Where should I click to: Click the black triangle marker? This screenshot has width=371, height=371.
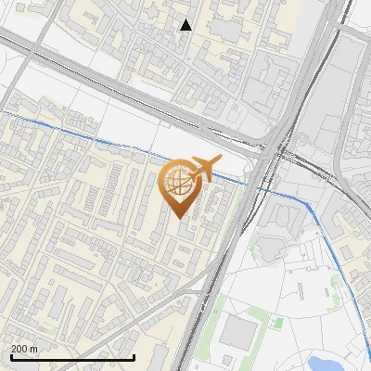(x=185, y=25)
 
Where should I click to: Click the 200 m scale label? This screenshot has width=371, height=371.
(x=24, y=349)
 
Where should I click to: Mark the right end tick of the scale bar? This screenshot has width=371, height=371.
(x=134, y=356)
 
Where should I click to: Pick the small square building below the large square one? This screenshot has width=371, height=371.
(x=240, y=365)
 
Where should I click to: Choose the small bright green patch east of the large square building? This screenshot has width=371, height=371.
(x=276, y=323)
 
